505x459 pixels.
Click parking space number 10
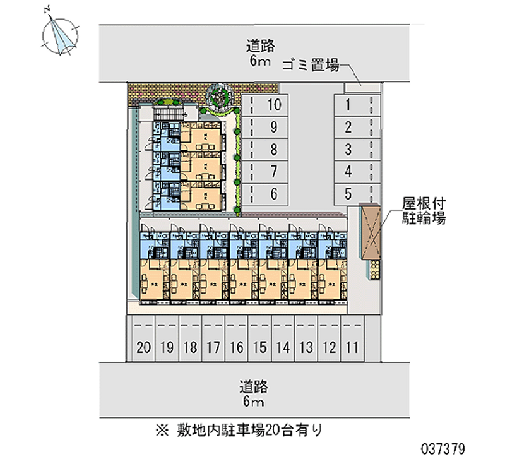pyautogui.click(x=273, y=105)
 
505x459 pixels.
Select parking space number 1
pyautogui.click(x=348, y=105)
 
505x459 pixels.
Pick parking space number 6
pyautogui.click(x=273, y=194)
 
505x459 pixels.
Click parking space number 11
pyautogui.click(x=352, y=346)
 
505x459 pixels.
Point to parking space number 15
pyautogui.click(x=259, y=346)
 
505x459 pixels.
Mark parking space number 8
pyautogui.click(x=273, y=150)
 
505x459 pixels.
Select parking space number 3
pyautogui.click(x=348, y=150)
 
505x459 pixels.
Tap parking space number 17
pyautogui.click(x=213, y=346)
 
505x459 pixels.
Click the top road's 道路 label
pyautogui.click(x=259, y=45)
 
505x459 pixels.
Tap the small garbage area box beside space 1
pyautogui.click(x=352, y=87)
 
